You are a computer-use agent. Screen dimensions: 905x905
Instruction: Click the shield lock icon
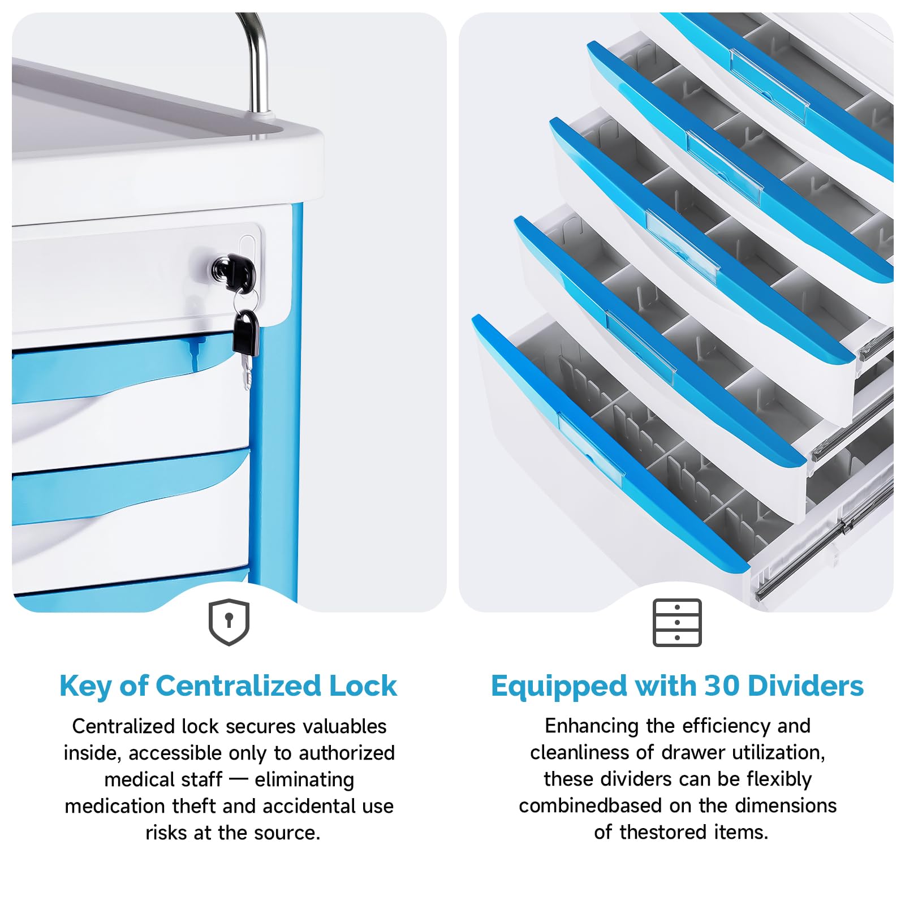coord(229,622)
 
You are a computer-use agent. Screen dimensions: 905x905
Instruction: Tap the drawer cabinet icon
coord(677,622)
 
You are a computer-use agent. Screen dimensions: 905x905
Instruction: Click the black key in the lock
coord(233,271)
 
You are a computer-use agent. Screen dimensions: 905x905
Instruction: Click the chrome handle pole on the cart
coord(257,62)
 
